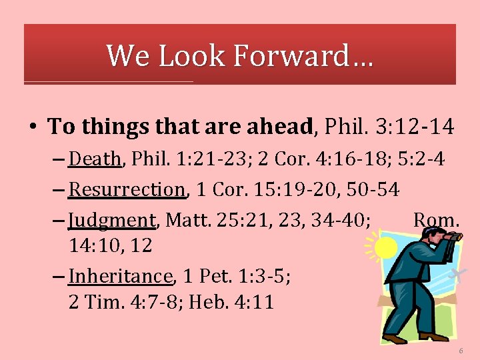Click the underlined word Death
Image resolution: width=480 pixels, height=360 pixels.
tap(95, 159)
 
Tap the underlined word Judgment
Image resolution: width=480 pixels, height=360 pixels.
tap(112, 219)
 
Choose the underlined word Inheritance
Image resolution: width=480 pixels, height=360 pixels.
tap(121, 276)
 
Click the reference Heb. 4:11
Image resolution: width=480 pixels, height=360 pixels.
tap(231, 302)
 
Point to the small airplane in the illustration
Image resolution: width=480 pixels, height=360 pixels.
tap(457, 275)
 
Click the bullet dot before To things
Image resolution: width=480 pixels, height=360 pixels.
tap(33, 126)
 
